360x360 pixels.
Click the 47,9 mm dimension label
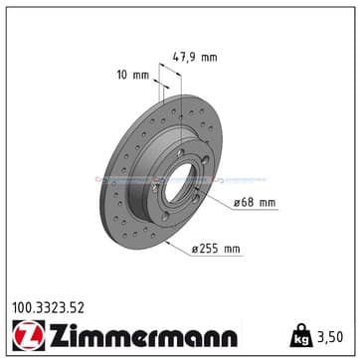pyautogui.click(x=195, y=58)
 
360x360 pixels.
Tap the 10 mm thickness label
pyautogui.click(x=133, y=75)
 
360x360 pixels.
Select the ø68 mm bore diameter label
pyautogui.click(x=255, y=203)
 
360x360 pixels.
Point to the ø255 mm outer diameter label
pyautogui.click(x=216, y=249)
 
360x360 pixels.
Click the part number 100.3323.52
pyautogui.click(x=49, y=308)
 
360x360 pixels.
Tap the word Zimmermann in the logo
pyautogui.click(x=143, y=336)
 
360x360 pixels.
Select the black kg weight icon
pyautogui.click(x=301, y=335)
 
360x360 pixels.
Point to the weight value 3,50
pyautogui.click(x=330, y=337)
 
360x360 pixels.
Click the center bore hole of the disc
pyautogui.click(x=179, y=183)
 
